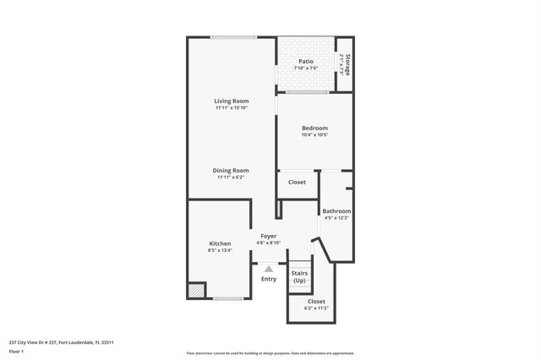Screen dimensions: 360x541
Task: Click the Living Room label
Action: point(231,101)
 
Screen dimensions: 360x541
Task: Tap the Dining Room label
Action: point(231,170)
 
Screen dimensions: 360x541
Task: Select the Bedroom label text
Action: point(314,128)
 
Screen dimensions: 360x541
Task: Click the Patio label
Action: point(306,61)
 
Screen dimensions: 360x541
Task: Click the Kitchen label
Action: point(220,243)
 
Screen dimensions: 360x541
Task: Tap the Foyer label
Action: point(268,237)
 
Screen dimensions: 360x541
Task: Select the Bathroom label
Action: point(336,211)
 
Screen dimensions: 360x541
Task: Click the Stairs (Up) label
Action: point(299,276)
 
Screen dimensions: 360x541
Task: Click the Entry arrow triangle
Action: point(269,269)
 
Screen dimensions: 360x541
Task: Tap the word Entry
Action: point(269,279)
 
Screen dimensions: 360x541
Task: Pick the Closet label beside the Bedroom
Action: point(297,182)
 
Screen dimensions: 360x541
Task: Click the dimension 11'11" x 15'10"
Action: point(231,108)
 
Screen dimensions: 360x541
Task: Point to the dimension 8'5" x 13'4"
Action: point(220,250)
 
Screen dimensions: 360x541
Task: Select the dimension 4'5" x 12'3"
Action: point(336,218)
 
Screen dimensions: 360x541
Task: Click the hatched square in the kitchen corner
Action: point(196,290)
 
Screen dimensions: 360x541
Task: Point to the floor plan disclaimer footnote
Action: point(270,353)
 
